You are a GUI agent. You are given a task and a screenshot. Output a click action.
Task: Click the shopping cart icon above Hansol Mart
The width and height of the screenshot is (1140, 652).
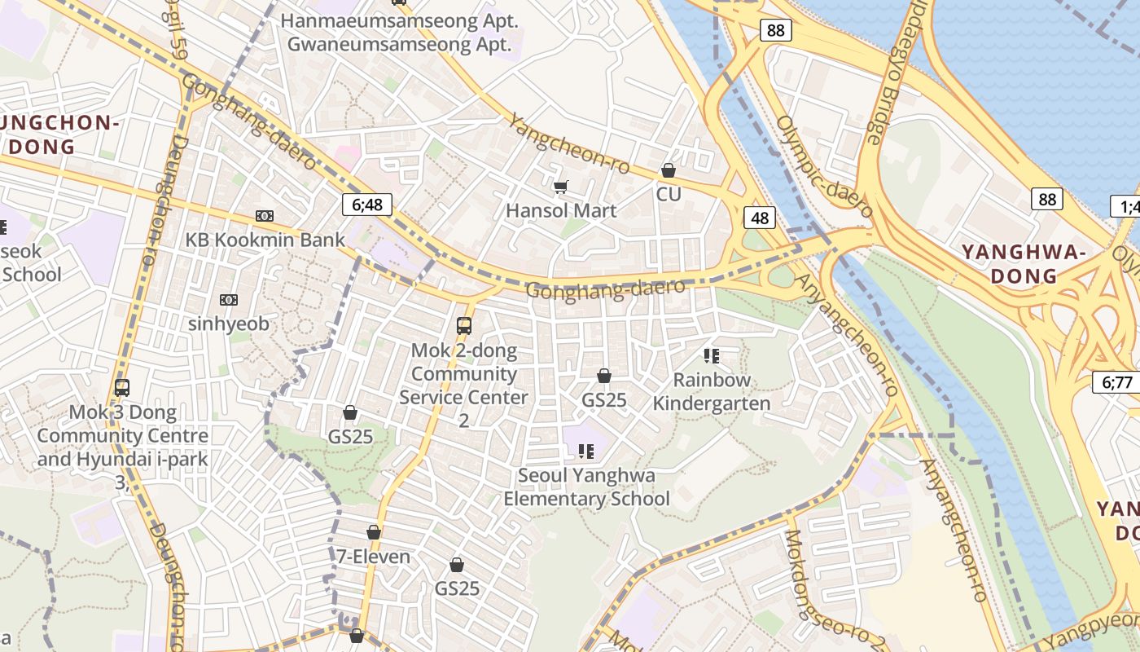point(560,187)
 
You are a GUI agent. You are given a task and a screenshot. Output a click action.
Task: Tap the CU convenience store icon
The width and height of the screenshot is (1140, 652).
point(669,170)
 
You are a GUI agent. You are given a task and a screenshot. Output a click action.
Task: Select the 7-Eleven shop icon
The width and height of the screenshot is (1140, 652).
point(374,532)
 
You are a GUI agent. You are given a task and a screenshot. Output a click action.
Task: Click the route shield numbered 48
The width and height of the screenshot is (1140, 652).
point(759,218)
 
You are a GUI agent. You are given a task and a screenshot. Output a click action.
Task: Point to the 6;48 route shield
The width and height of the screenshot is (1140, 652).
point(362,204)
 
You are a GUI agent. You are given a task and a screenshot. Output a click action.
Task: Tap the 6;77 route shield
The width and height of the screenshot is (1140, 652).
point(1116,381)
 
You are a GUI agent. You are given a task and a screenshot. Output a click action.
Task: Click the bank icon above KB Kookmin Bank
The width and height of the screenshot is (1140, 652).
point(265,216)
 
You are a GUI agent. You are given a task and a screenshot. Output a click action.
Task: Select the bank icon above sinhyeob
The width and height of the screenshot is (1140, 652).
point(229,300)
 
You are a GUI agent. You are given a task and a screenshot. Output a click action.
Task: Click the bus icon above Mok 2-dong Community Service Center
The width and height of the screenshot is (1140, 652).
point(464,326)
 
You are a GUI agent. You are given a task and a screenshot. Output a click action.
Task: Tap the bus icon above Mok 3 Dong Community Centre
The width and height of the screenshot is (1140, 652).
point(122,388)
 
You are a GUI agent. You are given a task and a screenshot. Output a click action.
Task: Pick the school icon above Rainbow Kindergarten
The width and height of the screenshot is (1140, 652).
point(712,356)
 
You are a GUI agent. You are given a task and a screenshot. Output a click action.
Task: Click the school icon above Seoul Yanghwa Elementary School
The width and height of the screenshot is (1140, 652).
point(586,451)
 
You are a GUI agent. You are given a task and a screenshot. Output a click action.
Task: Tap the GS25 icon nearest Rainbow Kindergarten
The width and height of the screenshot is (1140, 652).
point(604,376)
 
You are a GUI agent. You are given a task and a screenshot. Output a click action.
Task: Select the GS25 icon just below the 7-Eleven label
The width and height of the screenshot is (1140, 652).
point(457,565)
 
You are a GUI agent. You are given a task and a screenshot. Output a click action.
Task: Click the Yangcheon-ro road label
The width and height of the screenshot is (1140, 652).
point(570,143)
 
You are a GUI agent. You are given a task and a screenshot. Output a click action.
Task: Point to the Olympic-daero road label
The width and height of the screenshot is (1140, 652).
point(824,167)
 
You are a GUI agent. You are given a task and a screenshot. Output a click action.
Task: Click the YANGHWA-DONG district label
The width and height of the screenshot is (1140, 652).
point(1024,263)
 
